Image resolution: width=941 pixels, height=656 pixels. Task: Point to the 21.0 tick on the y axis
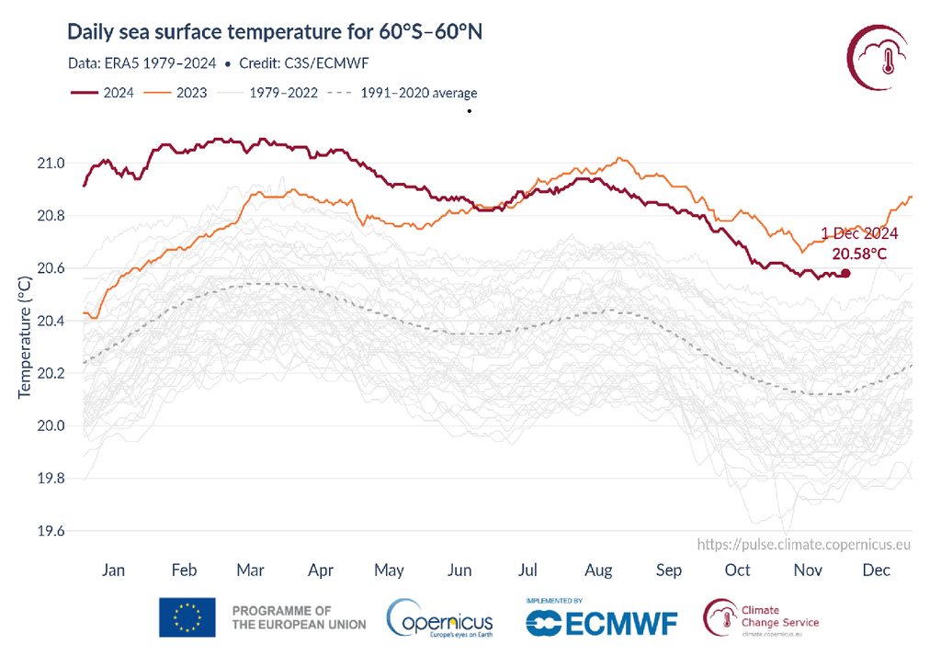tap(51, 164)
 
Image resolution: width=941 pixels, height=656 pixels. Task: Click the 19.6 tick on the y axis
tap(51, 531)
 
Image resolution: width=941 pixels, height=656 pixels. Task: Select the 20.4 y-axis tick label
tap(51, 321)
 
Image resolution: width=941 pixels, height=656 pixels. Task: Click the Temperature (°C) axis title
tap(25, 334)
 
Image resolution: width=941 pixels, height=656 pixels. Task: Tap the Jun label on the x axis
tap(459, 571)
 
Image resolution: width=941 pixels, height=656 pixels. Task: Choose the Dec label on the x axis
tap(877, 571)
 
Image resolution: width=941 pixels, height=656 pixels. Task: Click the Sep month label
tap(669, 571)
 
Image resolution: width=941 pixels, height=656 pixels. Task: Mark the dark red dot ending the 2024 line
tap(845, 273)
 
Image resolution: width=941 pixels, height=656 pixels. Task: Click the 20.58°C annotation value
tap(859, 253)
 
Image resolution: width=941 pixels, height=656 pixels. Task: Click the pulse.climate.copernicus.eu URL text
tap(804, 544)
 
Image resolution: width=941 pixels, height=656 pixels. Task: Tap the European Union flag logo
tap(187, 617)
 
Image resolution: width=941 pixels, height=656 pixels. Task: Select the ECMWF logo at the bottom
tap(602, 621)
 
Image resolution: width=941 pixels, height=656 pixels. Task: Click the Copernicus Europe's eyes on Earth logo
tap(440, 617)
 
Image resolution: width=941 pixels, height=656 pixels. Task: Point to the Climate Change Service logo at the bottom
tap(761, 616)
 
